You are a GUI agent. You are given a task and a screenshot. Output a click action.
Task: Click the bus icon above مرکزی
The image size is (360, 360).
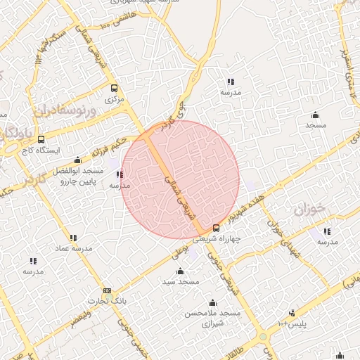point(114,89)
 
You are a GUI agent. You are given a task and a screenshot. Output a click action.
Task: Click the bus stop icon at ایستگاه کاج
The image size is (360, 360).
point(41,139)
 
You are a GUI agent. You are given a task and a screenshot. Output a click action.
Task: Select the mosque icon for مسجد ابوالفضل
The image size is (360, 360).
point(77,160)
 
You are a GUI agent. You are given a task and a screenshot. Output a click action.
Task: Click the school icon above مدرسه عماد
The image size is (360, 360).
point(73,238)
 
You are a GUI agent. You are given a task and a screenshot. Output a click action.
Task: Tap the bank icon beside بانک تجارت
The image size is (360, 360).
point(107,290)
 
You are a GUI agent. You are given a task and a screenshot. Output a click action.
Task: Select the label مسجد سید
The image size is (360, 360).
point(181,282)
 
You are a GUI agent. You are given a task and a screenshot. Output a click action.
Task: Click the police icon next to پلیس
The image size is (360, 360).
point(292,313)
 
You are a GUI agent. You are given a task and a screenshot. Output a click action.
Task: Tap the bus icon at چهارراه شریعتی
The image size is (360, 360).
point(216,228)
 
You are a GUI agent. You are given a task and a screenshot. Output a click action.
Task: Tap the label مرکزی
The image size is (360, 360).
point(114,100)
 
